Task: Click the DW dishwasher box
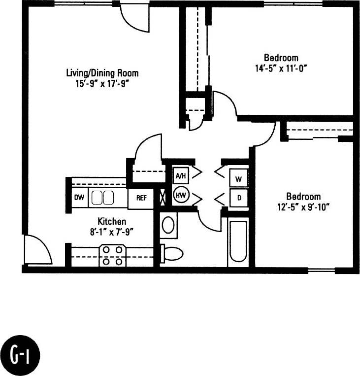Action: click(x=79, y=198)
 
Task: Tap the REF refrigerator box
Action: click(x=141, y=198)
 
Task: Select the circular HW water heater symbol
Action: click(x=181, y=195)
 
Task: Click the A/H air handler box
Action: click(x=180, y=175)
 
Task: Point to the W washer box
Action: click(x=238, y=178)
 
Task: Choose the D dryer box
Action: click(x=238, y=198)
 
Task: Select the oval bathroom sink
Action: click(x=168, y=226)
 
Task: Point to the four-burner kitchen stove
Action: click(x=112, y=256)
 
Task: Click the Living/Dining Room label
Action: click(x=102, y=73)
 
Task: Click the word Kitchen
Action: click(x=112, y=221)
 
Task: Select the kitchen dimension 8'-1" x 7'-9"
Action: click(x=112, y=230)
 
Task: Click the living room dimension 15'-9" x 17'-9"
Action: click(x=102, y=83)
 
